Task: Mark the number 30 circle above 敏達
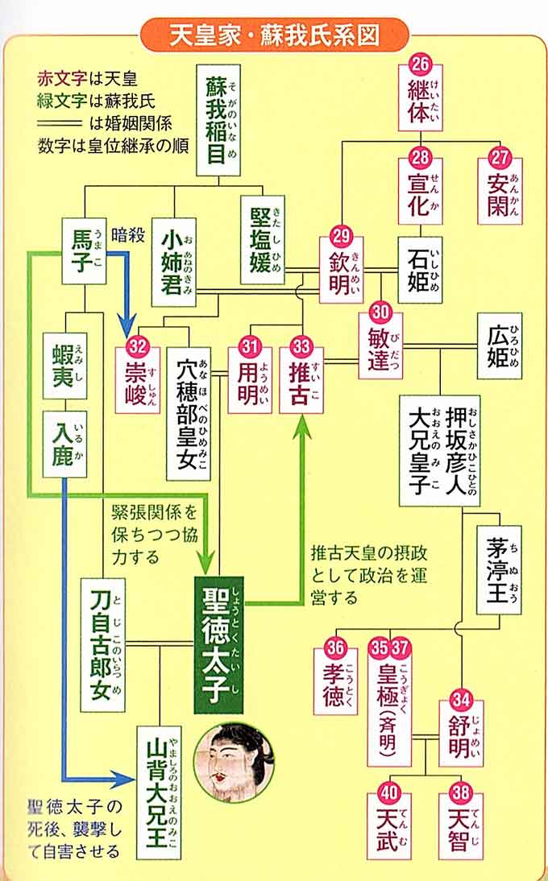380,311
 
